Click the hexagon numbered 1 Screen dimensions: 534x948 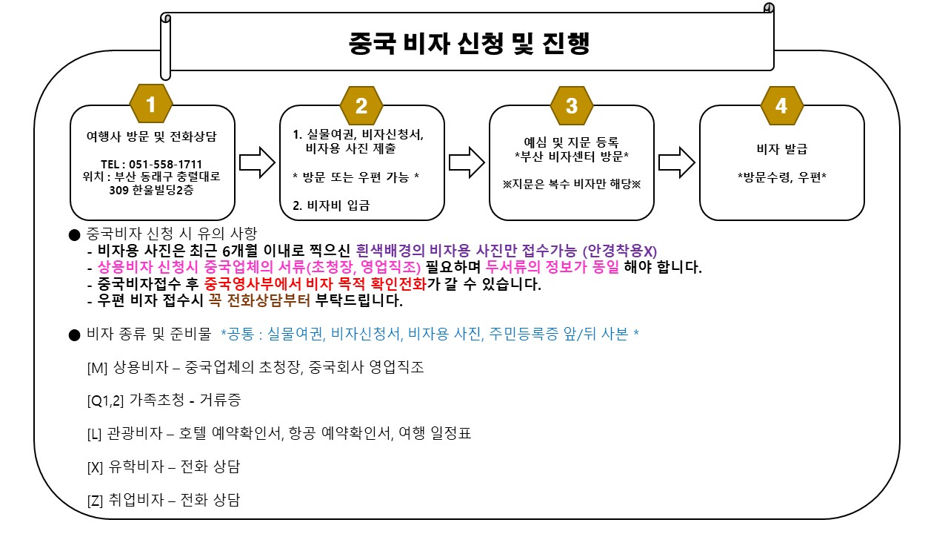(151, 105)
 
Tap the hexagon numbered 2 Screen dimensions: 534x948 (361, 105)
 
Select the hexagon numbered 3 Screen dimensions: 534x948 (571, 105)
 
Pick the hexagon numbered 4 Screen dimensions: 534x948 (781, 105)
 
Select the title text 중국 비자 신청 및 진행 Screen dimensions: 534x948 (469, 43)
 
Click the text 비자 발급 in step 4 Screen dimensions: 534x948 (781, 149)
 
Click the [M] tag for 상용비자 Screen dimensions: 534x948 (98, 367)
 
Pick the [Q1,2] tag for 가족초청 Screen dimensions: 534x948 (105, 400)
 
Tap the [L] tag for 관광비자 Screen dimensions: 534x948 (95, 434)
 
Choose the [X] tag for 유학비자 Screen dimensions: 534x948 (96, 467)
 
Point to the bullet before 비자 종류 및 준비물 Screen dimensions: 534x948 (73, 335)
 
